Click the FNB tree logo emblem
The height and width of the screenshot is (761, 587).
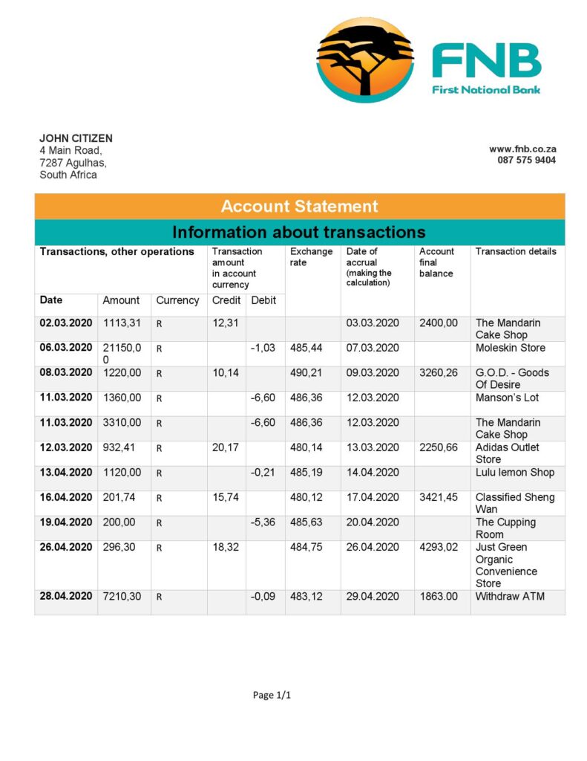point(365,60)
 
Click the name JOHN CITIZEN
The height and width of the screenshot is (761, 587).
point(76,138)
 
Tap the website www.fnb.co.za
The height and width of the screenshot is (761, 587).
point(522,149)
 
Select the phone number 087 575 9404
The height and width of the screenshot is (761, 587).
point(526,160)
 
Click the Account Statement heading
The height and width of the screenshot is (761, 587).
point(299,207)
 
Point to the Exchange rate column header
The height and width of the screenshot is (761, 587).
point(311,257)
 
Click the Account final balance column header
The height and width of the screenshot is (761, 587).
point(436,262)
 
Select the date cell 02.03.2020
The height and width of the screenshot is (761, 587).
point(65,323)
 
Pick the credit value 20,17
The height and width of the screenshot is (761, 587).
point(224,447)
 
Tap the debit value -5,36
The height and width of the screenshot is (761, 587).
point(263,522)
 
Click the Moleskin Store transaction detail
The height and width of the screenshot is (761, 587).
point(510,348)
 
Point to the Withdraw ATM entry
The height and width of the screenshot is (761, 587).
point(510,596)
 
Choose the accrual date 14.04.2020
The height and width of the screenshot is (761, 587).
point(373,472)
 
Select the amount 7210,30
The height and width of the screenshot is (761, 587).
point(121,596)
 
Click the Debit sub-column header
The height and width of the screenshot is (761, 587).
point(263,300)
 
